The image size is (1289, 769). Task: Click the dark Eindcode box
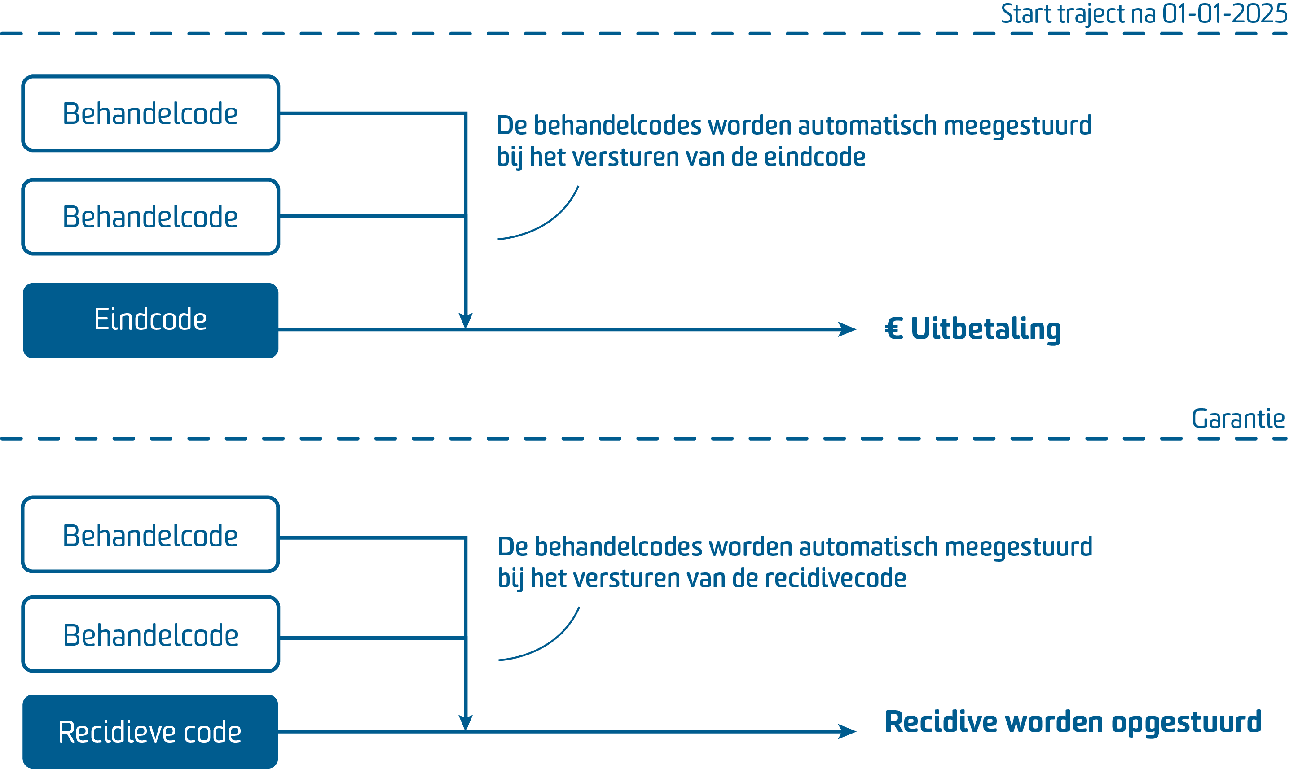point(150,320)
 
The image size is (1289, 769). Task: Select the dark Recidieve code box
point(150,731)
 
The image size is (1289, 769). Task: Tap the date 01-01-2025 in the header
point(1224,14)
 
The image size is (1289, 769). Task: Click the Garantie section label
point(1238,419)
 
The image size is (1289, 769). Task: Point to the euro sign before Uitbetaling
point(894,328)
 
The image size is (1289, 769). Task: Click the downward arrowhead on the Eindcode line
point(466,320)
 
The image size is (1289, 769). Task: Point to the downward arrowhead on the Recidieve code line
point(466,722)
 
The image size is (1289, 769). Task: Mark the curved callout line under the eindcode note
point(545,220)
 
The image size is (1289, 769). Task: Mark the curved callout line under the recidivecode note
point(546,642)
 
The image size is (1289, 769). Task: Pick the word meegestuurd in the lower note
point(1018,547)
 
